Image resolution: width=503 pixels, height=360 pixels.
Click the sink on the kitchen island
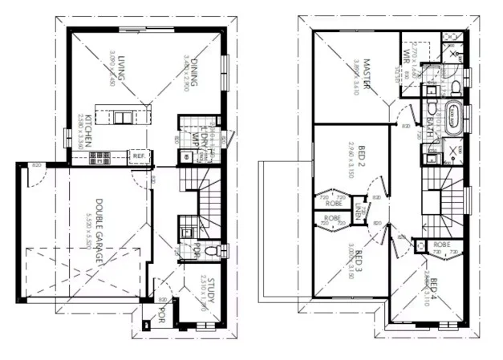point(120,116)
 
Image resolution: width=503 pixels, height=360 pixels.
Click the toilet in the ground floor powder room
point(211,250)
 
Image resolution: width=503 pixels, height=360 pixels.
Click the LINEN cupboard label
point(358,209)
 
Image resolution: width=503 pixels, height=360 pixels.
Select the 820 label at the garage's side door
point(35,164)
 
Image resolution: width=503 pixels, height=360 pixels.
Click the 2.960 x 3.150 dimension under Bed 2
point(351,160)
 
